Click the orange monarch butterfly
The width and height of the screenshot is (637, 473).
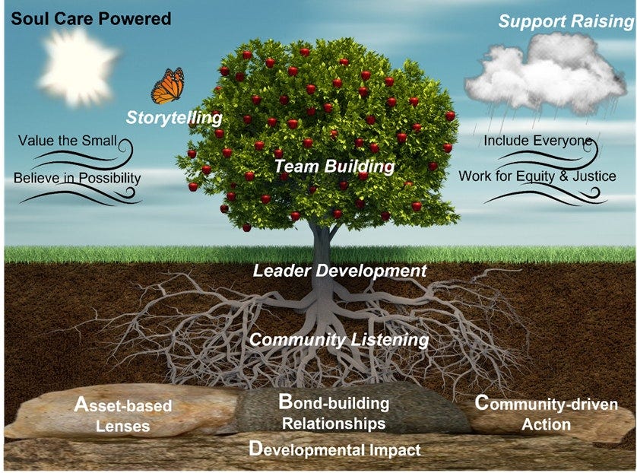click(x=168, y=85)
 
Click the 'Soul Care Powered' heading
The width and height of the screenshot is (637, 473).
click(x=90, y=18)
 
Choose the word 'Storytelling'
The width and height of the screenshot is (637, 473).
click(x=174, y=118)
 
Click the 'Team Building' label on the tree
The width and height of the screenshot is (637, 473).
click(x=334, y=166)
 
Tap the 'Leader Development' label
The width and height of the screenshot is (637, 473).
click(x=339, y=270)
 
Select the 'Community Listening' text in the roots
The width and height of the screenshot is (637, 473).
click(x=339, y=340)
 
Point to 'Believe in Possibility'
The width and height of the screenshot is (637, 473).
click(x=77, y=178)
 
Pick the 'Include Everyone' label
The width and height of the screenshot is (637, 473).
click(x=537, y=141)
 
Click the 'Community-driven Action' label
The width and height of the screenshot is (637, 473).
click(x=546, y=412)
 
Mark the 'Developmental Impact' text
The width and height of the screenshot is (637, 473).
click(x=334, y=449)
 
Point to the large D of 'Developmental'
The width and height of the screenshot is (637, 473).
click(x=256, y=449)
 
